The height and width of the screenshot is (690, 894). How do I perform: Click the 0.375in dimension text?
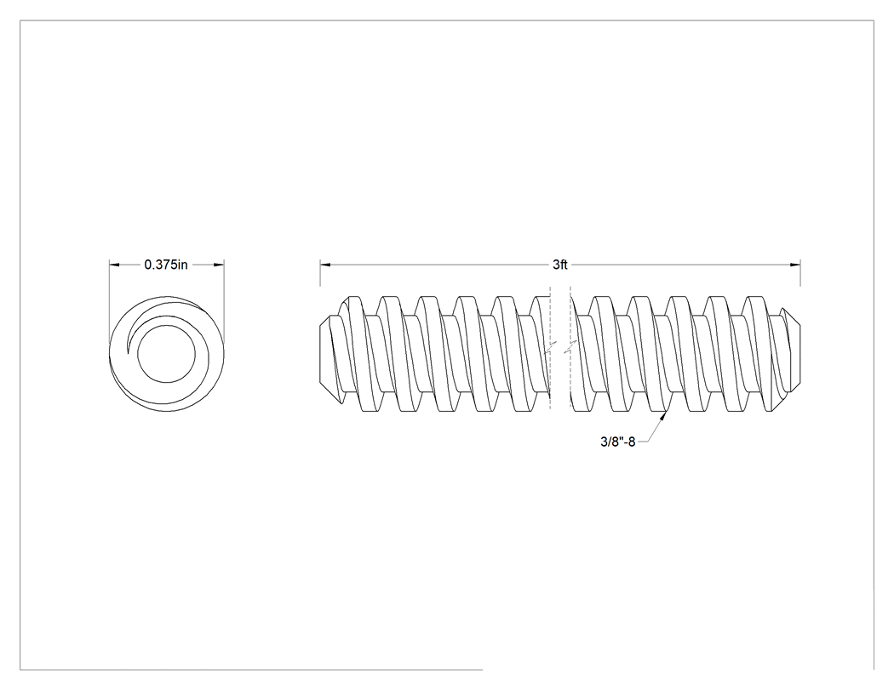pyautogui.click(x=166, y=265)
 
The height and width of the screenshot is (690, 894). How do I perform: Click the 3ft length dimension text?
pyautogui.click(x=560, y=265)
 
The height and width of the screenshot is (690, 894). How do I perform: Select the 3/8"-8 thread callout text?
pyautogui.click(x=617, y=442)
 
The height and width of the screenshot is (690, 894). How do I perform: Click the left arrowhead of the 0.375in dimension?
pyautogui.click(x=114, y=265)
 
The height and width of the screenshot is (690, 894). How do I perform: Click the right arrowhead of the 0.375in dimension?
pyautogui.click(x=219, y=265)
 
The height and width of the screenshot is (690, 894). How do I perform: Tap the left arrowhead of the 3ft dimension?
pyautogui.click(x=325, y=265)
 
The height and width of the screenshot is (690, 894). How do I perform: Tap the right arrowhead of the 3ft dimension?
pyautogui.click(x=795, y=265)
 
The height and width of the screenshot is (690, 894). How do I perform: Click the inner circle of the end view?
pyautogui.click(x=167, y=325)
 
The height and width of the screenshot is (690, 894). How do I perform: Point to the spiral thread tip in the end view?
pyautogui.click(x=128, y=353)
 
